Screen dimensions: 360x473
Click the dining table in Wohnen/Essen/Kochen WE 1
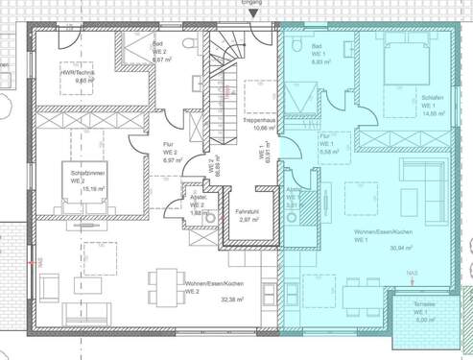click(x=357, y=290)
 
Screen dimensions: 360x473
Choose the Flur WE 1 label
click(x=328, y=144)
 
